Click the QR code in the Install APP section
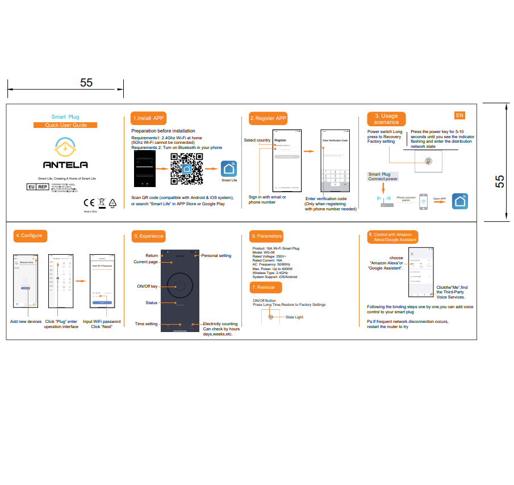(x=187, y=169)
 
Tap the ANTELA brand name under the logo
(x=66, y=165)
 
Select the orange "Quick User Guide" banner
(x=65, y=125)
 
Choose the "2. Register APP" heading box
(x=268, y=118)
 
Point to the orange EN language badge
(x=459, y=115)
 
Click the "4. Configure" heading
(x=29, y=235)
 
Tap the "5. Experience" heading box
(x=148, y=236)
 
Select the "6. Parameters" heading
(x=266, y=236)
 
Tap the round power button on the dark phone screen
(x=179, y=284)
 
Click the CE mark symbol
(x=89, y=202)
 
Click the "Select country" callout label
(x=257, y=140)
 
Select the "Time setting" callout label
(x=146, y=324)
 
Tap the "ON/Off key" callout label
(x=147, y=286)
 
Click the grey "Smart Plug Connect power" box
(x=383, y=177)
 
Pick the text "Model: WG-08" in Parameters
(x=265, y=252)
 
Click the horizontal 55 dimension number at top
(x=86, y=82)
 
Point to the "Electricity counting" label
(x=220, y=324)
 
